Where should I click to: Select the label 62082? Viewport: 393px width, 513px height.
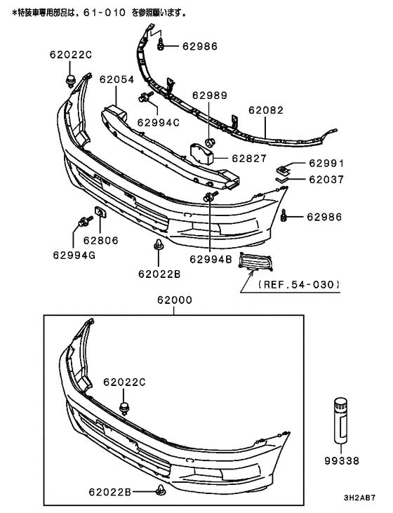[266, 111]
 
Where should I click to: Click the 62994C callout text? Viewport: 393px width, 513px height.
[158, 122]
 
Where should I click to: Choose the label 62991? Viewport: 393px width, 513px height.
[326, 164]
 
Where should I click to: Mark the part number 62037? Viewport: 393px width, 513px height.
[326, 179]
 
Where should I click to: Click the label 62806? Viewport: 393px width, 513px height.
[101, 239]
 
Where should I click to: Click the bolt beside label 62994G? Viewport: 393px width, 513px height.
[81, 225]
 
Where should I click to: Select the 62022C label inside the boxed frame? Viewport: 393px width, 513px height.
[124, 382]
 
